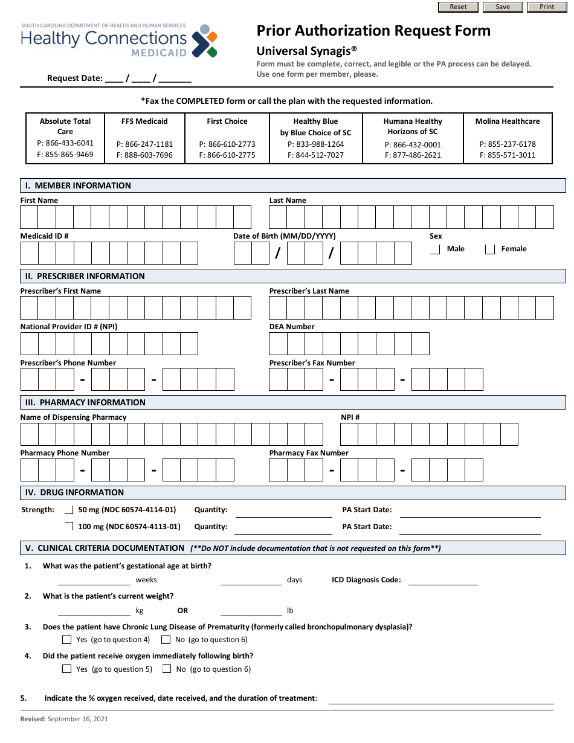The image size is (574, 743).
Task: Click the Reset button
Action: coord(458,7)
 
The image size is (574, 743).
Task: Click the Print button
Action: coord(547,7)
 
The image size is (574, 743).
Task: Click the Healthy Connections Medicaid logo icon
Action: coord(204,41)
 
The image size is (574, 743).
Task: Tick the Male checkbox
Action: coord(435,249)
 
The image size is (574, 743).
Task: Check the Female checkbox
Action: coord(490,249)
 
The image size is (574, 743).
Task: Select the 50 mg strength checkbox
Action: coord(69,510)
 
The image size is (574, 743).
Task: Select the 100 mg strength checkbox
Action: coord(69,526)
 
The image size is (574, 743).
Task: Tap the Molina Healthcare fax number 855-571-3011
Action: coord(508,155)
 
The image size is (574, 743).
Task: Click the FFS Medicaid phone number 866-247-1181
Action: coord(144,144)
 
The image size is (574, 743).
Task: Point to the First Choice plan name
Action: coord(227,121)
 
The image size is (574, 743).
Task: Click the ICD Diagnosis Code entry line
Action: coord(443,581)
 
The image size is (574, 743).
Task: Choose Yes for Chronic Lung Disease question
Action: coord(67,640)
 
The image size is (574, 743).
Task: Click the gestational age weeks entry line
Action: coord(94,581)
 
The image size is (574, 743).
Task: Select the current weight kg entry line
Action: coord(94,611)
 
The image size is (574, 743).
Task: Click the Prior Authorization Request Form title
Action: coord(373,31)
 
